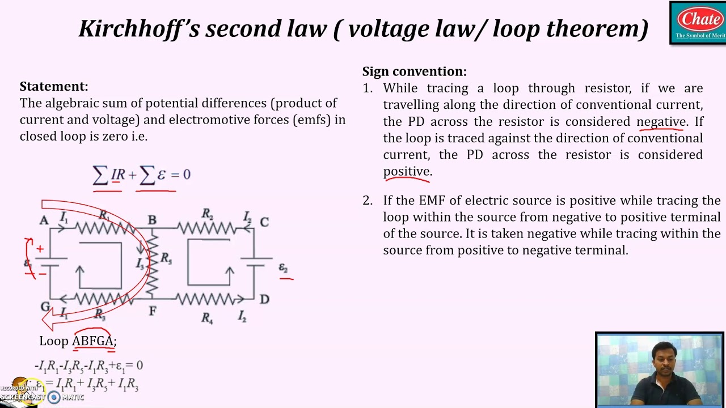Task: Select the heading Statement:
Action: (x=54, y=87)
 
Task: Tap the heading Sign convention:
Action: (x=414, y=71)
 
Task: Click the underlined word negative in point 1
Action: (x=661, y=122)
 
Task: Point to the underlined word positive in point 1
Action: (x=407, y=171)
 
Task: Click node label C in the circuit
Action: (x=264, y=222)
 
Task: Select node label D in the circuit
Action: (x=264, y=299)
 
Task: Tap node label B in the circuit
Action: (x=152, y=220)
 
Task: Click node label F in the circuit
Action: (x=152, y=311)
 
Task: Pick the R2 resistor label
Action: (x=207, y=214)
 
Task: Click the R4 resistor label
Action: (x=207, y=318)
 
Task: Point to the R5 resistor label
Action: (x=166, y=258)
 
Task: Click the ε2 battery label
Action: (x=283, y=267)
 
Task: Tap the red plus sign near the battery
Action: (x=40, y=249)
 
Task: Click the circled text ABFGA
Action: (x=93, y=341)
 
